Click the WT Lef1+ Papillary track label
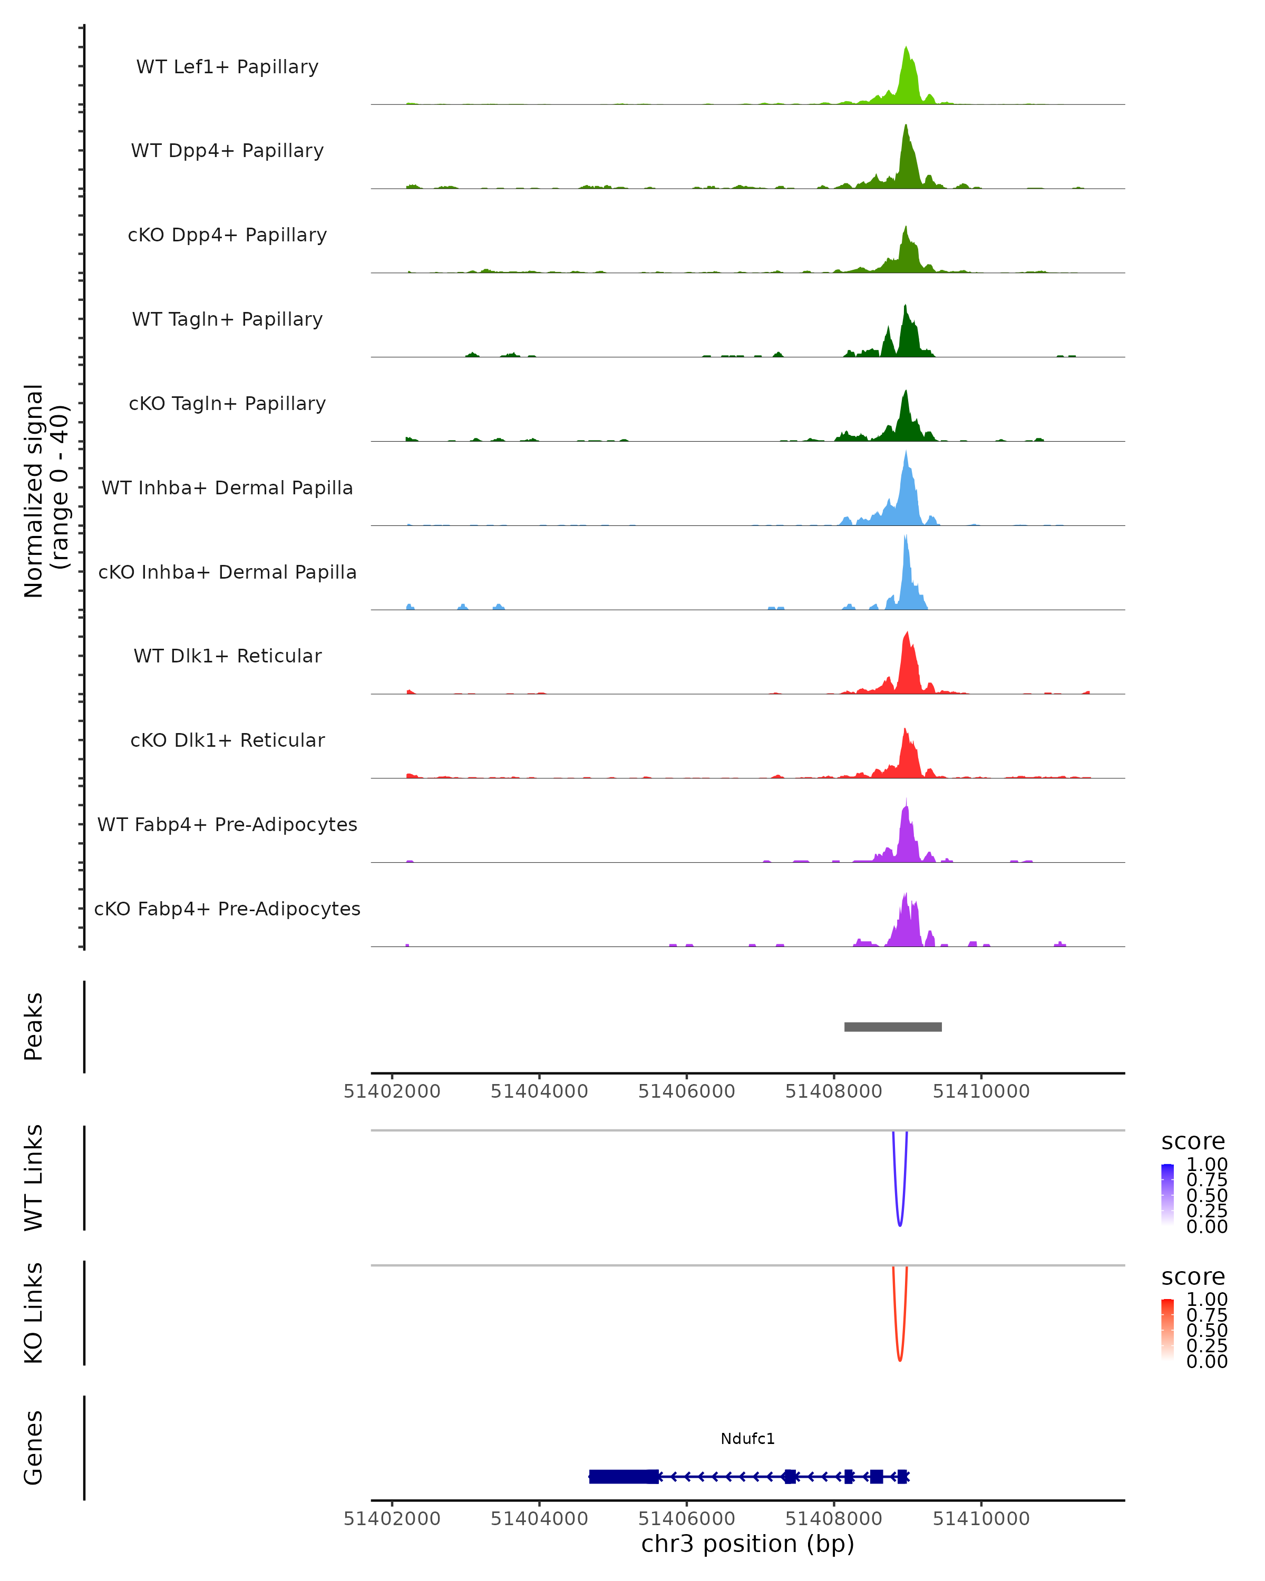(x=227, y=67)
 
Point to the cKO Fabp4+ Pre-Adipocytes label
(x=227, y=909)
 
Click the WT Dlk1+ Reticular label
(x=227, y=656)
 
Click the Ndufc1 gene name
(x=747, y=1439)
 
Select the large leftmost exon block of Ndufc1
(x=624, y=1476)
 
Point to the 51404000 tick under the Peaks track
(x=539, y=1091)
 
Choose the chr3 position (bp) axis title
(x=747, y=1544)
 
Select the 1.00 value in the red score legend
(x=1206, y=1300)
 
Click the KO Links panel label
(x=34, y=1313)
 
